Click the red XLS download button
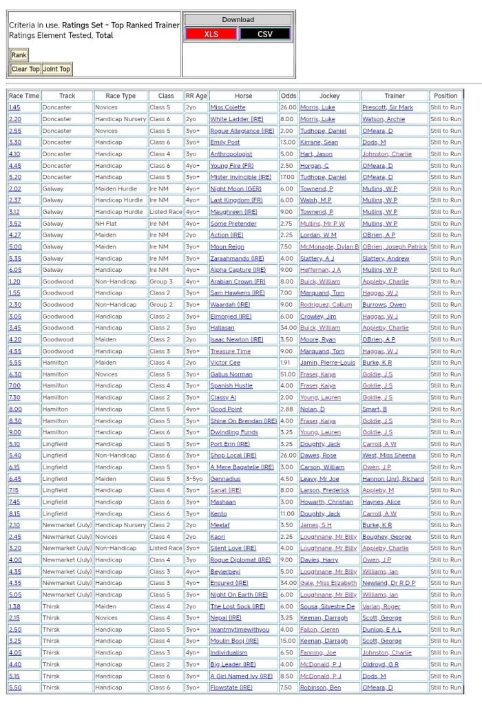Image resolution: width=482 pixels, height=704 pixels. (211, 34)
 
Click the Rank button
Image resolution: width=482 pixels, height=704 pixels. (19, 55)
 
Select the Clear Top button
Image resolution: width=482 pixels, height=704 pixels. (25, 69)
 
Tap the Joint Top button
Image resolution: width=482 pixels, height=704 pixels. (56, 69)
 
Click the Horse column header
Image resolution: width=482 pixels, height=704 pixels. (243, 96)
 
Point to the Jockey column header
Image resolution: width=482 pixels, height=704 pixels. (319, 96)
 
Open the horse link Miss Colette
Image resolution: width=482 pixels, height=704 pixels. (227, 107)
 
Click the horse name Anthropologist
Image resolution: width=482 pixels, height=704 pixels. (231, 154)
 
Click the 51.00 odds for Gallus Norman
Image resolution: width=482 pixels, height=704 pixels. (288, 374)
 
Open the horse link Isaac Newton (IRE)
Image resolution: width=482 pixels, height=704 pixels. (236, 339)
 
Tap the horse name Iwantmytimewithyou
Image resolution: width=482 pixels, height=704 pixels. (240, 630)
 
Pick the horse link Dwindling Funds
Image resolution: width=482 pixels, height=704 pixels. (234, 432)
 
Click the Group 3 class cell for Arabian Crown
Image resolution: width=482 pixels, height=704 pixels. (161, 281)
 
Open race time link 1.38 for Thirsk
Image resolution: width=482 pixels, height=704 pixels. (15, 606)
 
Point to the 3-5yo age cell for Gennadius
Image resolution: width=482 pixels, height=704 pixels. (195, 478)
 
